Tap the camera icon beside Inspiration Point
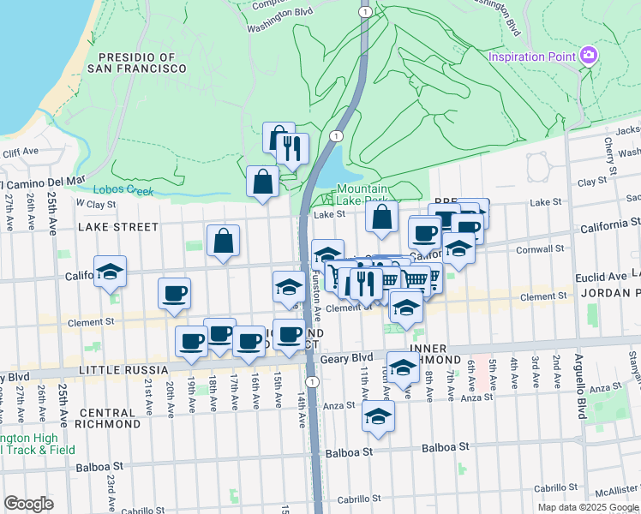click(588, 57)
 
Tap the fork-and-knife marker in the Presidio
click(293, 148)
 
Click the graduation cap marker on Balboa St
click(376, 416)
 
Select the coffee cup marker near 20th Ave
click(174, 294)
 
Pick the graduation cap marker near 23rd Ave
click(111, 272)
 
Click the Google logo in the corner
click(28, 504)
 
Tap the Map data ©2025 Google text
click(588, 507)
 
